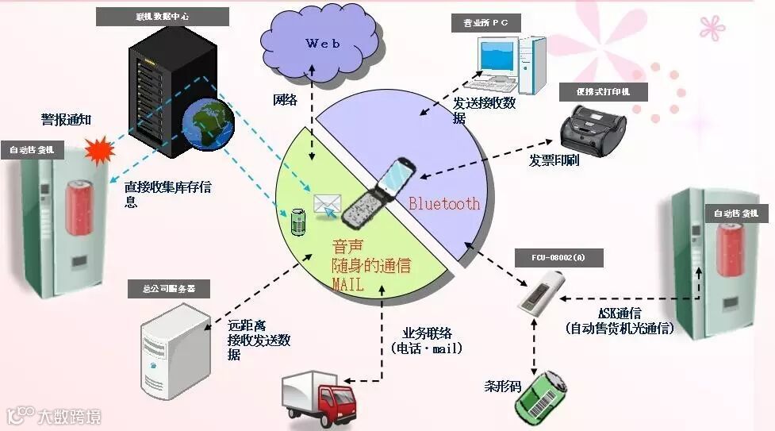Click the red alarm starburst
point(99,149)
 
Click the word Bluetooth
point(444,204)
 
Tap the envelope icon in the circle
point(326,205)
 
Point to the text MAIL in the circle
point(347,283)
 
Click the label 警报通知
point(67,120)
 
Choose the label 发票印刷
point(555,160)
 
